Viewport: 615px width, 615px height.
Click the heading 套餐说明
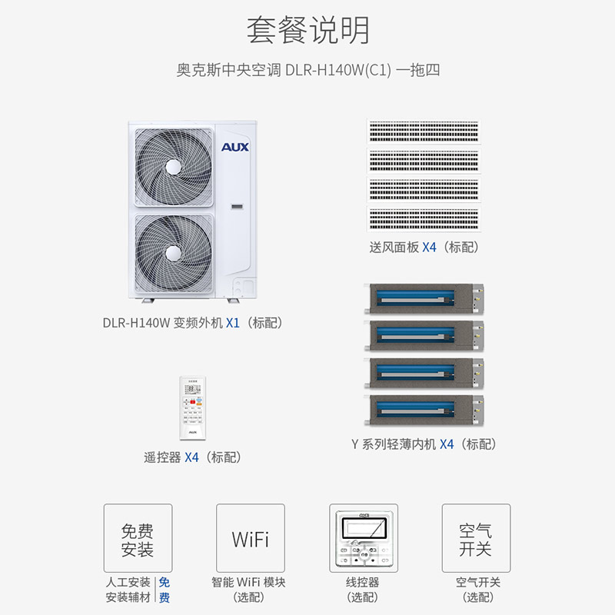307,30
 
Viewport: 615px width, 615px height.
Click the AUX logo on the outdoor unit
235,147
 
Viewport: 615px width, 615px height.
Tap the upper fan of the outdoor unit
171,166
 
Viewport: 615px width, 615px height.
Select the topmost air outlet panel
424,131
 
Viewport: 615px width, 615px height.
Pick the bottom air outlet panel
424,218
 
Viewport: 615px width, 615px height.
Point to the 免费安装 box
138,538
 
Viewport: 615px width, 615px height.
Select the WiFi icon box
251,538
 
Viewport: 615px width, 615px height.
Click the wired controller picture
364,538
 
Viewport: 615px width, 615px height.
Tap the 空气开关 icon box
476,538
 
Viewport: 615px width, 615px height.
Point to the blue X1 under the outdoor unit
232,323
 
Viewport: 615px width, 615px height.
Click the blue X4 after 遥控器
191,457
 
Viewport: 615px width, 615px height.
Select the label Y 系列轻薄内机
393,444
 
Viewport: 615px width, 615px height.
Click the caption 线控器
363,583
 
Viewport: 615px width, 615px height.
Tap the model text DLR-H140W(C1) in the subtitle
338,70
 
